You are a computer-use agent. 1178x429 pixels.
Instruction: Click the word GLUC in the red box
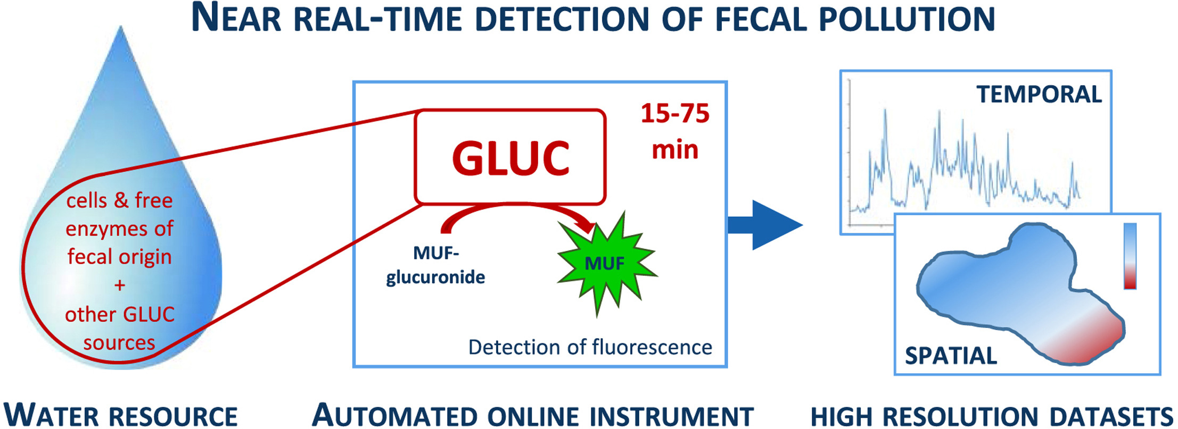click(510, 158)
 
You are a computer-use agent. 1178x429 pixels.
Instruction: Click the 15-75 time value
click(675, 113)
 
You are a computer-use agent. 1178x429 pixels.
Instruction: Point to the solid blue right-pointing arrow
click(765, 225)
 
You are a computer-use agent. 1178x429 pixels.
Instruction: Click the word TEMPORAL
click(1039, 95)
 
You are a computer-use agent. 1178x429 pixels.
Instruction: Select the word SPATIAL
click(951, 356)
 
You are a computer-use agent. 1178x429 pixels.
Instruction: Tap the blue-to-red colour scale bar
click(1130, 256)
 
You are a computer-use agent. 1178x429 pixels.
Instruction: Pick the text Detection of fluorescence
click(590, 347)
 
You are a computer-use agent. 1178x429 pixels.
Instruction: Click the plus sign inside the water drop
click(120, 285)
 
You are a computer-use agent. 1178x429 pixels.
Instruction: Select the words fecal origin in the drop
click(119, 257)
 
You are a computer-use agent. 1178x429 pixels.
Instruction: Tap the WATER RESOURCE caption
click(120, 415)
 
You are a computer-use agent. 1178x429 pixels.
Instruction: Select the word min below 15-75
click(675, 150)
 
